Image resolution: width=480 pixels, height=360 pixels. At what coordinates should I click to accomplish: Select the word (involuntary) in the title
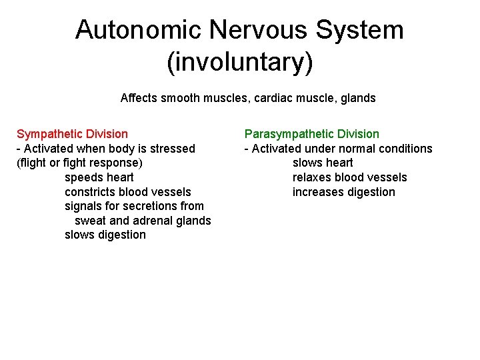pos(239,63)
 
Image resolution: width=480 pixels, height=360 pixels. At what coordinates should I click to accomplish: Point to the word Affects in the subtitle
pos(139,98)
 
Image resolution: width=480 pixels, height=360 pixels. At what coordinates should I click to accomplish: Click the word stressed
pos(173,149)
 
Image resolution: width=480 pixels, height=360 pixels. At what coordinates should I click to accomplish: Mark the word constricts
pos(90,192)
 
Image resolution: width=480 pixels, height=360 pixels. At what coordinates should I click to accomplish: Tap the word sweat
pos(91,221)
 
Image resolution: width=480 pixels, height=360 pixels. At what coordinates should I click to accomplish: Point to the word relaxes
pos(312,177)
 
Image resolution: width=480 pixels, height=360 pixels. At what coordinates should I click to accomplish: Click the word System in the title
pos(360,30)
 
